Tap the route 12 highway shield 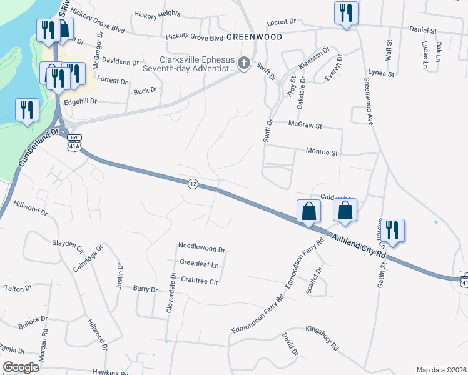(x=194, y=184)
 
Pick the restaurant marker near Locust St (x=346, y=12)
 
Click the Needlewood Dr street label (x=201, y=247)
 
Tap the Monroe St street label (x=322, y=152)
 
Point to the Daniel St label (x=423, y=29)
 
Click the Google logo (x=20, y=367)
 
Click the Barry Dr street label (x=145, y=289)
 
